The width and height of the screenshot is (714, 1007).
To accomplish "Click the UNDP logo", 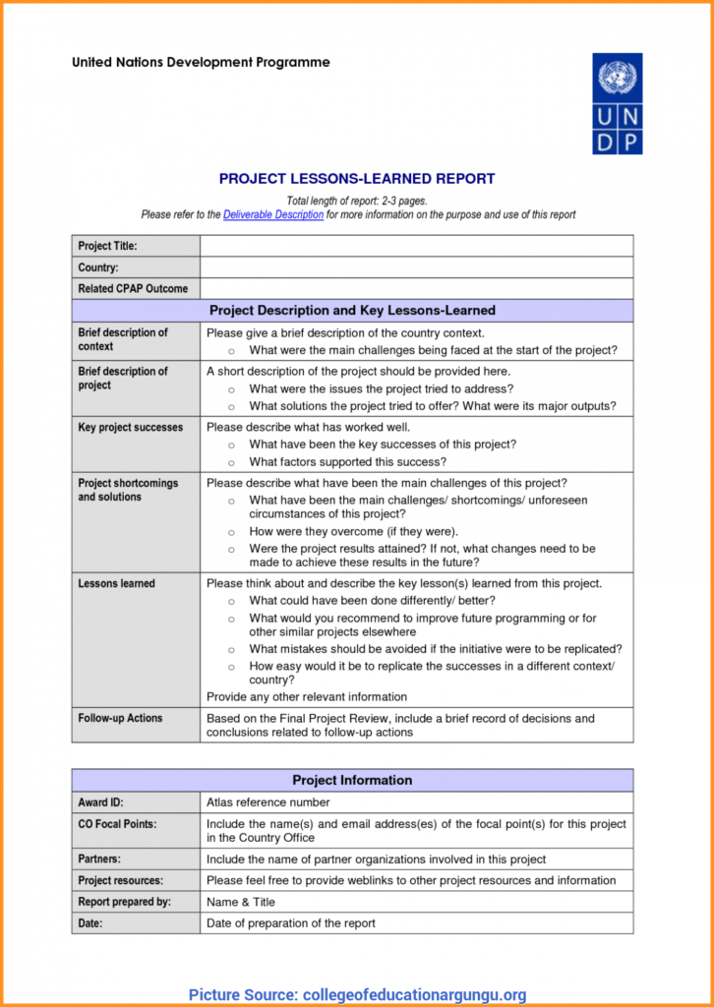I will tap(617, 103).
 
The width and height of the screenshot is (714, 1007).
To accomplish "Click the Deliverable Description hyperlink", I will tap(273, 214).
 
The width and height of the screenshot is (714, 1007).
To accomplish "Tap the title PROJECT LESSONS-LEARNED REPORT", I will tap(357, 179).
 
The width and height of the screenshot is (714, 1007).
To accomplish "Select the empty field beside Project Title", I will tap(416, 246).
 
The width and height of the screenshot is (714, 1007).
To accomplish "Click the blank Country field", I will tap(416, 267).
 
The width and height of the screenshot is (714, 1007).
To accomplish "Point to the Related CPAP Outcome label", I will tap(133, 289).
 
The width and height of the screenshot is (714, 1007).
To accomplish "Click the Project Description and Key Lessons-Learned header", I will tap(352, 311).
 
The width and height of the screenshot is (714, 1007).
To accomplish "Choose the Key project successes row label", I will tap(131, 428).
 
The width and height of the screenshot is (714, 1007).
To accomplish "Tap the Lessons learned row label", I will tap(117, 584).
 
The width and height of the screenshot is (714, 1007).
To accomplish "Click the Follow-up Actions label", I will tap(121, 718).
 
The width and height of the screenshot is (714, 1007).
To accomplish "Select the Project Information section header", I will tap(352, 781).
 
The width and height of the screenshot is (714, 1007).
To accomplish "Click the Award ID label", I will tap(101, 802).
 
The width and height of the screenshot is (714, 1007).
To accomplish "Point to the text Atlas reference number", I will tap(268, 802).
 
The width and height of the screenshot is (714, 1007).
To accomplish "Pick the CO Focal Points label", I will tap(117, 823).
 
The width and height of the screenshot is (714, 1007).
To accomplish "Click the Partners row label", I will tap(99, 859).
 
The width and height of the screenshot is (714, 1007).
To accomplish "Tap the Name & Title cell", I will tap(241, 902).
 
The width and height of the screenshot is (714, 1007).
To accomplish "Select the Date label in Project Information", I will tap(91, 923).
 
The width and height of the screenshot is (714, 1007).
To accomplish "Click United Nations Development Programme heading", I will tap(201, 63).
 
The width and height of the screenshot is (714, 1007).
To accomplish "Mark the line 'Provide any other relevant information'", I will tap(307, 696).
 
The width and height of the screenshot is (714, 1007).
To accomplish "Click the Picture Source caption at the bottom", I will tap(357, 994).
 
